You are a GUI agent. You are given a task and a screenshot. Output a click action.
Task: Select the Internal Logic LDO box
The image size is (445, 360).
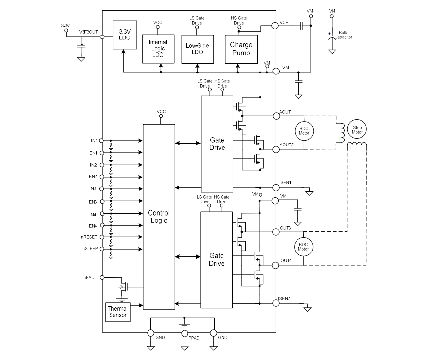[158, 48]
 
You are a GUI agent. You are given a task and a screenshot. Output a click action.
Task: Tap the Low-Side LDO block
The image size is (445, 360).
[197, 48]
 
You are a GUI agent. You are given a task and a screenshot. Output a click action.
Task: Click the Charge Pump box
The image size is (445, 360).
[241, 48]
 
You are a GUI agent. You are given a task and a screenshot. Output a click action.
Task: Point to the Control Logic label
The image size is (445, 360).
[158, 216]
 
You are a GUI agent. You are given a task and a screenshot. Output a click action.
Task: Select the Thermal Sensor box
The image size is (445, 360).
[118, 312]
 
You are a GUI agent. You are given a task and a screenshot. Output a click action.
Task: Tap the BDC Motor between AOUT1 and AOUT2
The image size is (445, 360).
[303, 131]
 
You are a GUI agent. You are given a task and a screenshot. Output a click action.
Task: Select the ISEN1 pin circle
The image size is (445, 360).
[276, 188]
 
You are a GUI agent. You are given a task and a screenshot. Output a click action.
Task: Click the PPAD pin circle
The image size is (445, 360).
[185, 334]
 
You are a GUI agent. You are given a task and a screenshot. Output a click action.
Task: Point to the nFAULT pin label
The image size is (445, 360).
[91, 278]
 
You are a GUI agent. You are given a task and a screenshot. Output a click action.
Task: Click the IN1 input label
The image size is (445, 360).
[93, 140]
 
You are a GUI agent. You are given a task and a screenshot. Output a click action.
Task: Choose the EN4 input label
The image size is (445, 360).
[93, 225]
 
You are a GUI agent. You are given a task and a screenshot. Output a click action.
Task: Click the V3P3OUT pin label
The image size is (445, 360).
[89, 31]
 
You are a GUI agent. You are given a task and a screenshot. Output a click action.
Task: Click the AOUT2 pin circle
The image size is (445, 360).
[276, 149]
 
